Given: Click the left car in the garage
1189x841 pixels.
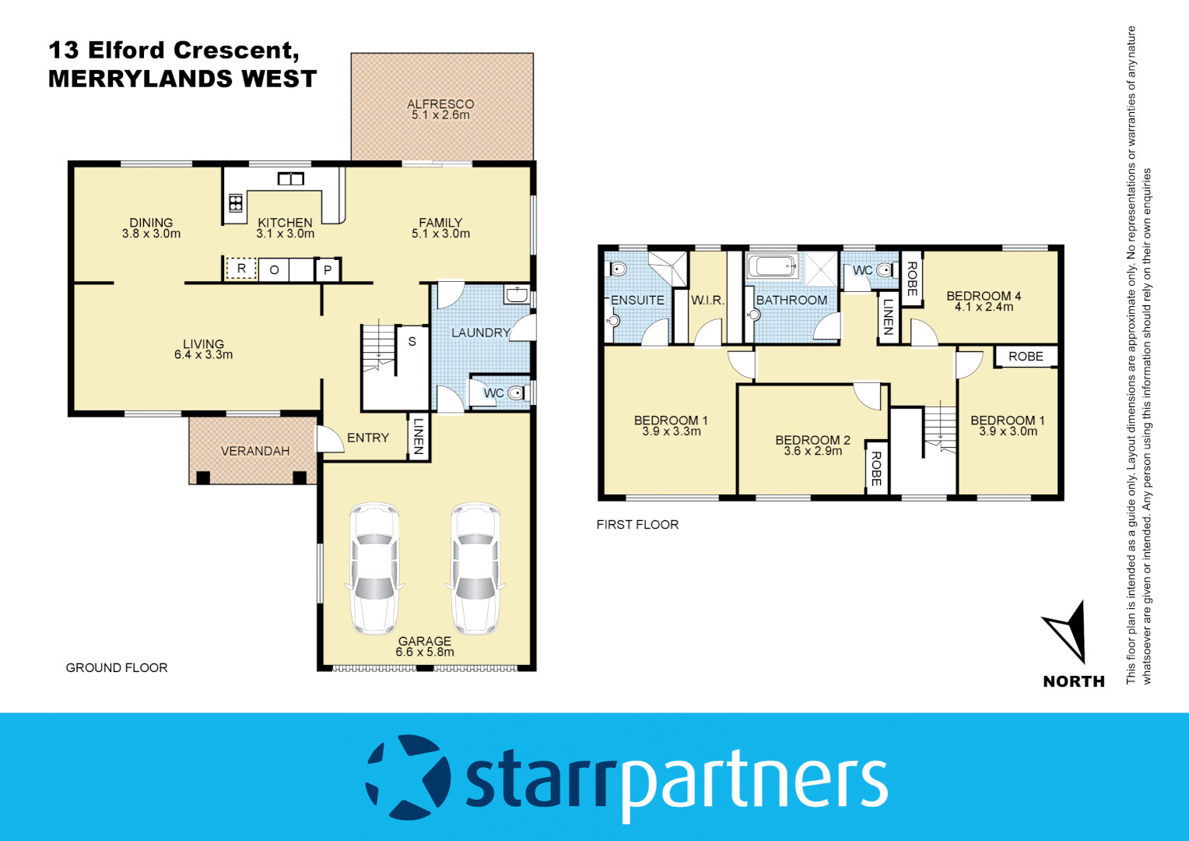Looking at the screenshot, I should pyautogui.click(x=374, y=568).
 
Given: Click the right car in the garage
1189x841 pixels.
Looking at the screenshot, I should pyautogui.click(x=475, y=568).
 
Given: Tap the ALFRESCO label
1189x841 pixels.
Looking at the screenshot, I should pyautogui.click(x=440, y=104).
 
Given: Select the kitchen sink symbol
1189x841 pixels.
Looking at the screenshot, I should pyautogui.click(x=290, y=179).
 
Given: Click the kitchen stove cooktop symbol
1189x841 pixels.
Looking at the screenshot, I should pyautogui.click(x=235, y=203).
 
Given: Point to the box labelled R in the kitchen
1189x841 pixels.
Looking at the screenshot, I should pyautogui.click(x=241, y=269).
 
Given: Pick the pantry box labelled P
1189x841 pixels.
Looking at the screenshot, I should pyautogui.click(x=328, y=270).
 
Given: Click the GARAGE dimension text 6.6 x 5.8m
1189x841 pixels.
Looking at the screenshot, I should pyautogui.click(x=425, y=653).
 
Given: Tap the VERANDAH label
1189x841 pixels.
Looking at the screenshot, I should pyautogui.click(x=254, y=451).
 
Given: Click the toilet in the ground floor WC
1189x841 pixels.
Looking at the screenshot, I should pyautogui.click(x=517, y=393).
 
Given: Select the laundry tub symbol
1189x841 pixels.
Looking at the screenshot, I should pyautogui.click(x=517, y=294).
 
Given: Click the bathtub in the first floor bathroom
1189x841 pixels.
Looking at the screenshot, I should pyautogui.click(x=772, y=267).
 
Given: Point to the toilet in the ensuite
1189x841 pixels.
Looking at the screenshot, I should pyautogui.click(x=619, y=269).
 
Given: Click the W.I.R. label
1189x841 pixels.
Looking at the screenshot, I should pyautogui.click(x=707, y=300).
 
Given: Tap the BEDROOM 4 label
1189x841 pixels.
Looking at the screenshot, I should pyautogui.click(x=984, y=296).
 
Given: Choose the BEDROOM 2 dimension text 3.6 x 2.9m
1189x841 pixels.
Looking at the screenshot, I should pyautogui.click(x=812, y=452).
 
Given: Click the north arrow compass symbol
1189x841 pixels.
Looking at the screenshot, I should pyautogui.click(x=1067, y=630).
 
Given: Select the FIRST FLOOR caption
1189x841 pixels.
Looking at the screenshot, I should pyautogui.click(x=637, y=525).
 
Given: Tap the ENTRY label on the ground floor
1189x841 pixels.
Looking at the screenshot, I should pyautogui.click(x=368, y=438).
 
